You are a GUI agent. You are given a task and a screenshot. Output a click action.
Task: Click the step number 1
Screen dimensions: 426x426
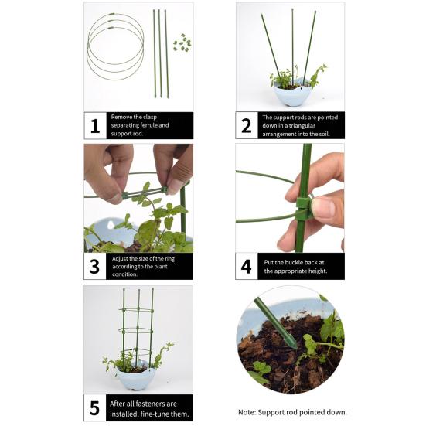coord(95,126)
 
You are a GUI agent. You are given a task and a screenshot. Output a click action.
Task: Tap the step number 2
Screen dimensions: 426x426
coord(247,126)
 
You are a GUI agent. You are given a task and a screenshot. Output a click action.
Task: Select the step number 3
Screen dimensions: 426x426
coord(94,267)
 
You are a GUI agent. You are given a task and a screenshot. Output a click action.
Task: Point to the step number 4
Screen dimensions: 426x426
coord(246,267)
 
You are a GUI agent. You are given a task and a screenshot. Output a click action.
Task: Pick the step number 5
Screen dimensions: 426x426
coord(94,407)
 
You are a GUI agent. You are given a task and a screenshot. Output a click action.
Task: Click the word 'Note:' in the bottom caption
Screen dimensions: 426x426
coord(247,412)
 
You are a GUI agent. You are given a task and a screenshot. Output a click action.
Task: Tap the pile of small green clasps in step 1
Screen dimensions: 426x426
coord(182,43)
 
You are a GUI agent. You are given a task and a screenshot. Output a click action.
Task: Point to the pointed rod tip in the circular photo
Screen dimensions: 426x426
coord(295,346)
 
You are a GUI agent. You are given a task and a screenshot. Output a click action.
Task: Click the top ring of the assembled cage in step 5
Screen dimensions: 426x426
coord(137,310)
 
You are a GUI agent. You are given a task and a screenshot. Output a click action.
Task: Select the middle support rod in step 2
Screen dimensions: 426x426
coord(292,43)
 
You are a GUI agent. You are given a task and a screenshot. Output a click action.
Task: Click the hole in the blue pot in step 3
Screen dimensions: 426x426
coord(111,225)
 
